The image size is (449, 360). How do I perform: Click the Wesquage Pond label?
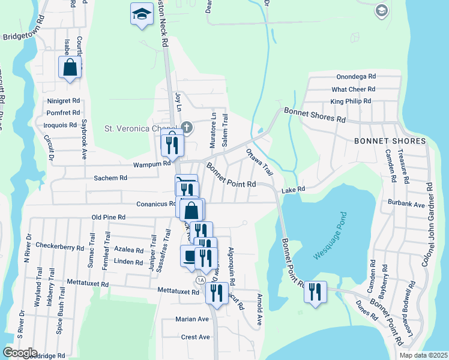(330, 236)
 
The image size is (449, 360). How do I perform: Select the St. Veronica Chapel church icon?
(187, 127)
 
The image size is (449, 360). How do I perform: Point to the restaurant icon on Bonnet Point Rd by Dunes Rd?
(315, 292)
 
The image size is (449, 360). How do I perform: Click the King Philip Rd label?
(351, 101)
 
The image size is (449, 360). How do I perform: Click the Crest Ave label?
(195, 337)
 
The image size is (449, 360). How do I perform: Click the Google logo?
(20, 352)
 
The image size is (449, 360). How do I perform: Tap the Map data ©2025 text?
(423, 355)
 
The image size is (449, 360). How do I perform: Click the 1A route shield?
(200, 280)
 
